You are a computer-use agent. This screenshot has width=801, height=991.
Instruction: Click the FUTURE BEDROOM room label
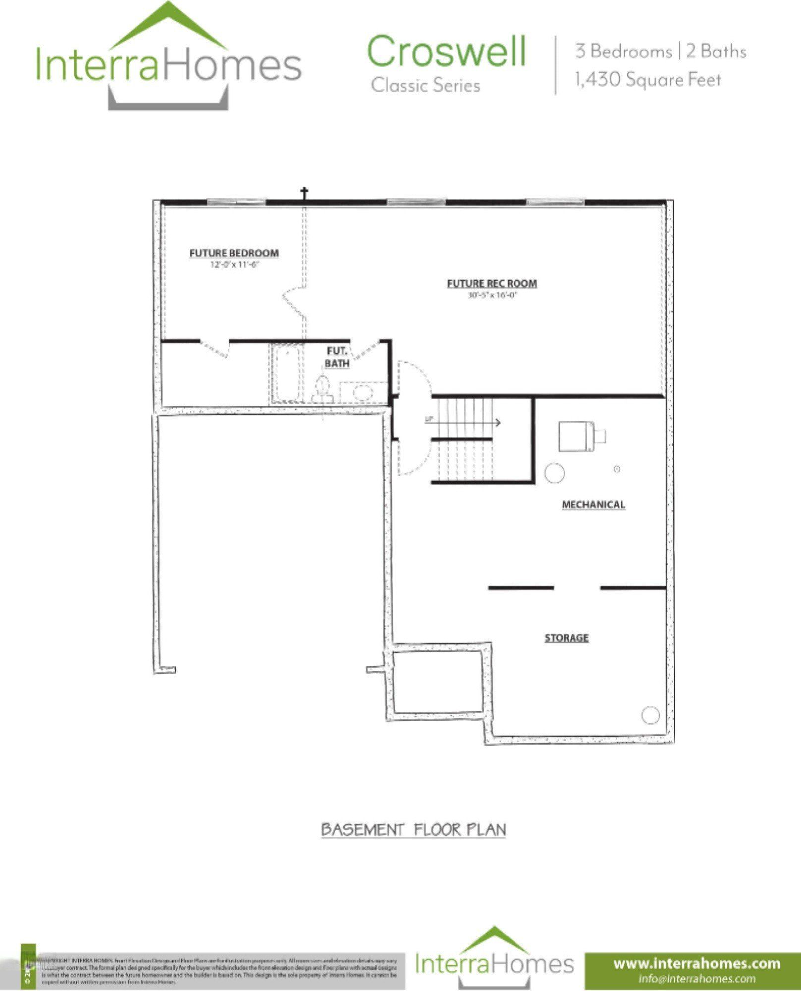(x=234, y=253)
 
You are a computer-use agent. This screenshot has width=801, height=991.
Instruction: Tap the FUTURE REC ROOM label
(x=492, y=284)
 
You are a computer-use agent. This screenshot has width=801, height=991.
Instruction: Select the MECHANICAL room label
(x=593, y=504)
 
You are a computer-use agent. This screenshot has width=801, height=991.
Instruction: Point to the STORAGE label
(x=567, y=638)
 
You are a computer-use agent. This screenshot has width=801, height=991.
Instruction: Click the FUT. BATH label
(x=337, y=357)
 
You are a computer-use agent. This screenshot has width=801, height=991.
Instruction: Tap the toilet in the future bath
(x=322, y=387)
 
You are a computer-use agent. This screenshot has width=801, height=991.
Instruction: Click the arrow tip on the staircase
(x=498, y=422)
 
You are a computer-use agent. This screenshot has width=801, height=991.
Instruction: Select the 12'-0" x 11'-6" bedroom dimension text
(x=234, y=265)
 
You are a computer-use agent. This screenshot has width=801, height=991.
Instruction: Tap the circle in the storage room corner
(x=650, y=715)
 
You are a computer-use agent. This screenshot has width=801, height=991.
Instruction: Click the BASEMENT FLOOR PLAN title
(x=413, y=829)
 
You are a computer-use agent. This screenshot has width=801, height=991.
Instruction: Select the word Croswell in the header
(x=446, y=51)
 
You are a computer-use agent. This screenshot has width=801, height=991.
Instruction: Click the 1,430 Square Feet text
(x=648, y=80)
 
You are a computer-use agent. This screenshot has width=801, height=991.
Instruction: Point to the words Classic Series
(x=426, y=86)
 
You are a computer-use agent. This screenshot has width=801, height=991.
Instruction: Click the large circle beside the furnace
(x=554, y=472)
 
